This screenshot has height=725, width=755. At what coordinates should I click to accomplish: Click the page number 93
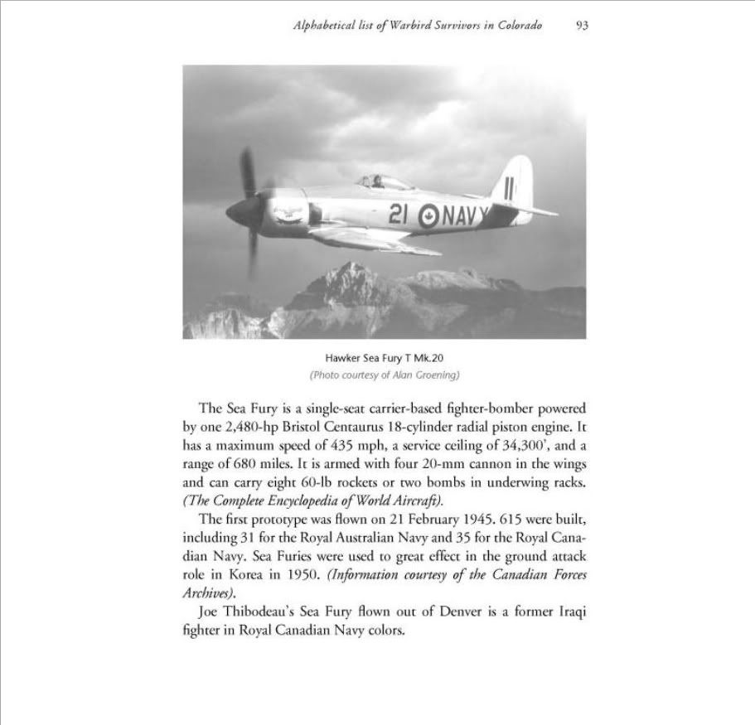582,27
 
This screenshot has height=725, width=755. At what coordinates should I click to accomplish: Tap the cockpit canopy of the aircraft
385,181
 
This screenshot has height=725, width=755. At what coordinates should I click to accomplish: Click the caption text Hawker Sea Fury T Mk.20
385,357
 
